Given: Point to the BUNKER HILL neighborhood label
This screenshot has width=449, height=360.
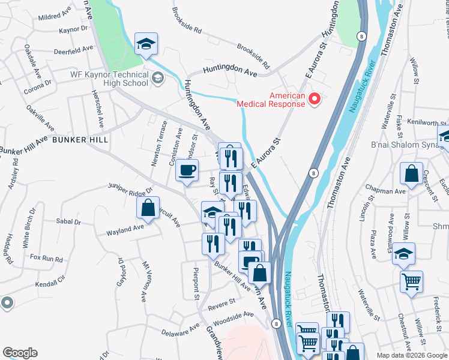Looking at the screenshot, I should pyautogui.click(x=80, y=139).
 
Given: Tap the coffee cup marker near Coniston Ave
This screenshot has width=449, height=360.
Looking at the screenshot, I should pyautogui.click(x=187, y=169).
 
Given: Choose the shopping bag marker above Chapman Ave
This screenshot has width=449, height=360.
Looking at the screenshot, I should pyautogui.click(x=412, y=174).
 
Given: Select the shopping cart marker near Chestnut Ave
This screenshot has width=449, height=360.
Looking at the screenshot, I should pyautogui.click(x=411, y=281).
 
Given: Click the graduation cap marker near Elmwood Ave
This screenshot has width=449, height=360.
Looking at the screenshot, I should pyautogui.click(x=404, y=253).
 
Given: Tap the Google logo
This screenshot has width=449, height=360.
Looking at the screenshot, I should pyautogui.click(x=20, y=353).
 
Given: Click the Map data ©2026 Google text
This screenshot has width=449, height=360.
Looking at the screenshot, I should pyautogui.click(x=411, y=355).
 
